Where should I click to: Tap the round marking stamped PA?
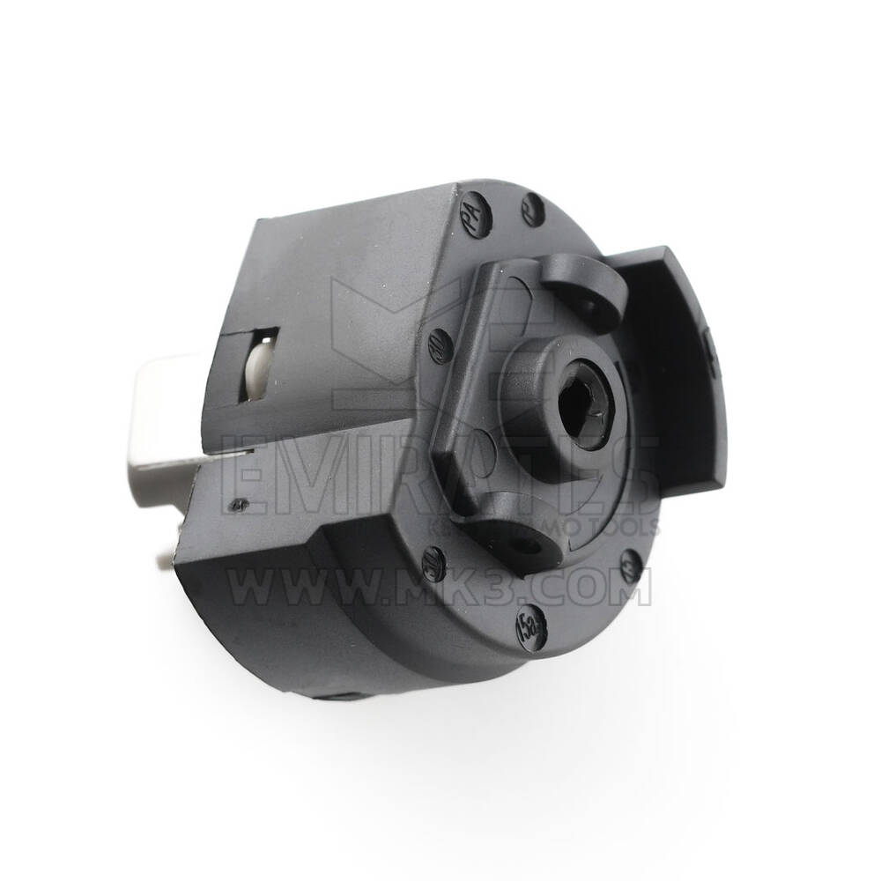click(473, 212)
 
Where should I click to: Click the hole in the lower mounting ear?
click(529, 546)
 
